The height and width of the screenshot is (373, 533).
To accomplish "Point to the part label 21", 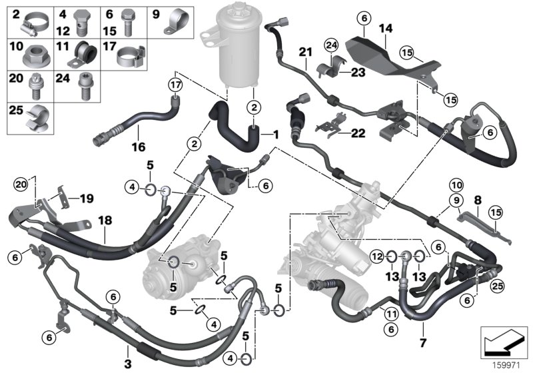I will (x=305, y=52).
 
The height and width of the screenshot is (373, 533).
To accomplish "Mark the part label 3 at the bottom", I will (x=128, y=347).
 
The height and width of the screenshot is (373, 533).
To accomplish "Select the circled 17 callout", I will (x=175, y=85).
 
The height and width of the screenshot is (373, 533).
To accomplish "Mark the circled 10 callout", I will (x=456, y=184).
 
